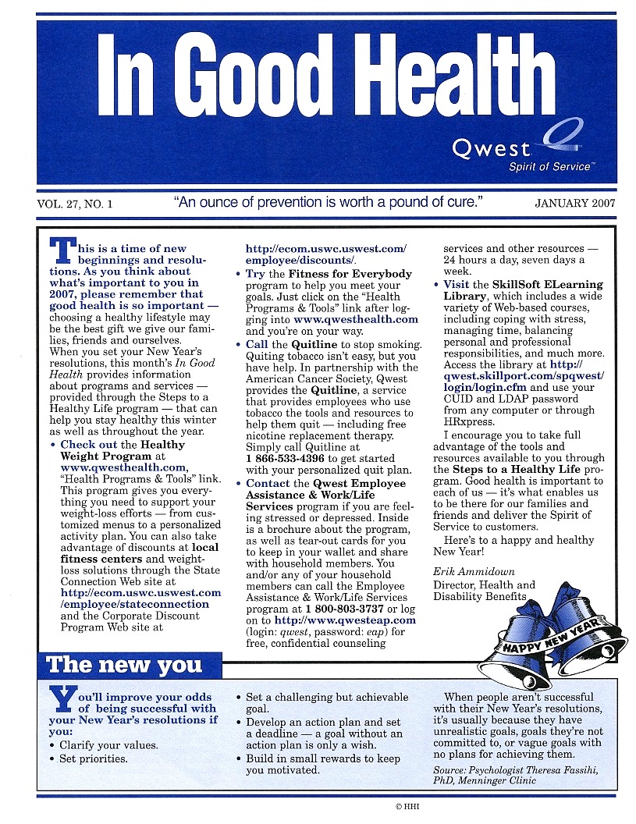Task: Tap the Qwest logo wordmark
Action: [491, 147]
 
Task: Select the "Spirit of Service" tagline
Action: [550, 167]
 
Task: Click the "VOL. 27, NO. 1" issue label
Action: [75, 204]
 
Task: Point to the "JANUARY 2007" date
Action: [575, 204]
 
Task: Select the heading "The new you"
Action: [125, 665]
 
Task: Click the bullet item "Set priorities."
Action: [94, 758]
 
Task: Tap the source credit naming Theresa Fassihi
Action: [517, 776]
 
